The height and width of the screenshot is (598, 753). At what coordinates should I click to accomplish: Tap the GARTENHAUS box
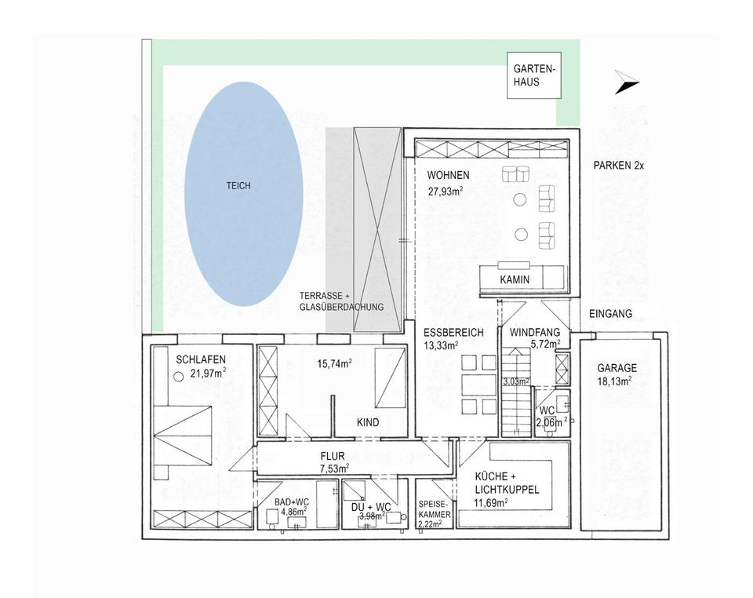coord(532,75)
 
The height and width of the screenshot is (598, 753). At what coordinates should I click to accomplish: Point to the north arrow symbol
coord(627,82)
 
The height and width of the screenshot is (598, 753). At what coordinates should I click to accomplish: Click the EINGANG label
coord(611,314)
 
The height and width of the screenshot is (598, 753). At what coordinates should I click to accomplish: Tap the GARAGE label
coord(617,367)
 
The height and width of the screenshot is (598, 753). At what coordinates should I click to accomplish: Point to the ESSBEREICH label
coord(453,332)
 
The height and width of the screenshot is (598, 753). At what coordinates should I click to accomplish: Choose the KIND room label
coord(368,422)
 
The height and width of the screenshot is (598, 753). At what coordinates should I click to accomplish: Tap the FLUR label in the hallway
coord(333,455)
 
